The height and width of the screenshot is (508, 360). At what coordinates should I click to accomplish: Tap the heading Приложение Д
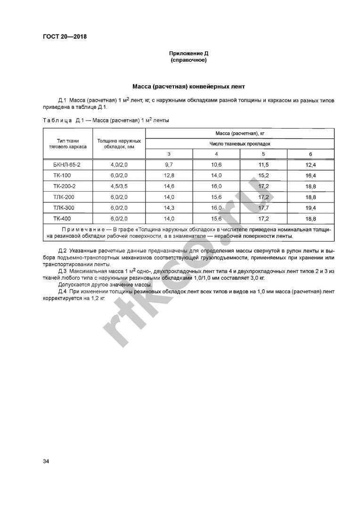pyautogui.click(x=188, y=53)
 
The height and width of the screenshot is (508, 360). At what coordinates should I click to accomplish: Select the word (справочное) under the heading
pyautogui.click(x=188, y=60)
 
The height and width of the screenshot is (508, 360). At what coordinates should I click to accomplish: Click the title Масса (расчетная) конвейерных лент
pyautogui.click(x=188, y=87)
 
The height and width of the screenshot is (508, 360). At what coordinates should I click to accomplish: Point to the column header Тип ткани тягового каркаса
pyautogui.click(x=68, y=144)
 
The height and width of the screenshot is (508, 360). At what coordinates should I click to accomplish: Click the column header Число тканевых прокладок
pyautogui.click(x=240, y=144)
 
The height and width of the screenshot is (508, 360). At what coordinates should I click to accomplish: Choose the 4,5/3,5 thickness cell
pyautogui.click(x=119, y=186)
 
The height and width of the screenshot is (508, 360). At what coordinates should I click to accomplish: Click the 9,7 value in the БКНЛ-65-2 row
pyautogui.click(x=169, y=164)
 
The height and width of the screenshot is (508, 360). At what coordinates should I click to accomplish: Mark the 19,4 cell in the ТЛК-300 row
pyautogui.click(x=311, y=208)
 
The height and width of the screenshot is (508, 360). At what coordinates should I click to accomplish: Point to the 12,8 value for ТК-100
pyautogui.click(x=169, y=175)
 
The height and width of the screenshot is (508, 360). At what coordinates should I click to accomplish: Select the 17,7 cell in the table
pyautogui.click(x=263, y=208)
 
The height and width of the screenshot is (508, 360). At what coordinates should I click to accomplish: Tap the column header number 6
pyautogui.click(x=311, y=154)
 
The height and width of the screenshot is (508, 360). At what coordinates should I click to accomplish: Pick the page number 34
pyautogui.click(x=46, y=461)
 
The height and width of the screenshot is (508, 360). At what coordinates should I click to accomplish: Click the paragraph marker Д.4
pyautogui.click(x=63, y=292)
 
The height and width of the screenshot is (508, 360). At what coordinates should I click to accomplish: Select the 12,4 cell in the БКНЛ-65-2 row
pyautogui.click(x=311, y=165)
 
